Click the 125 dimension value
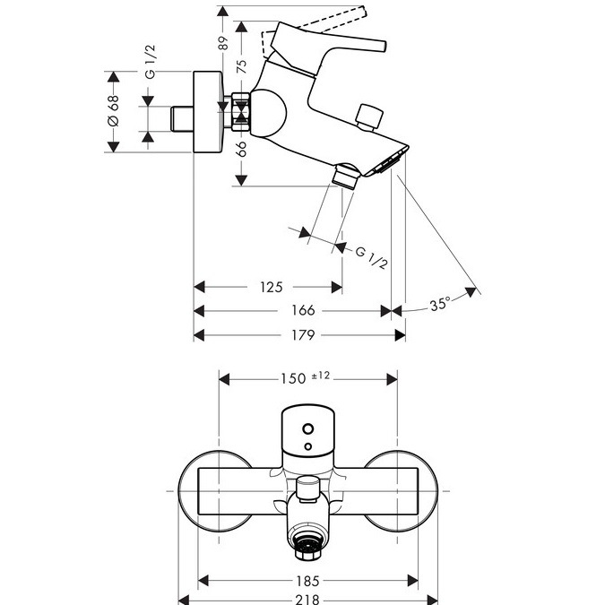pos(272,287)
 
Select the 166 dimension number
pos(303,310)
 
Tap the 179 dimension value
pos(303,335)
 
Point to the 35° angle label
pos(440,305)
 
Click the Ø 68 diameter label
pos(114,111)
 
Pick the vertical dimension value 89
pos(223,43)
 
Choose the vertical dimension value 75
pos(241,66)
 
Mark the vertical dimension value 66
pos(241,149)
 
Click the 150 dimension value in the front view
pos(293,379)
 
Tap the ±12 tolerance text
pos(321,375)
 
